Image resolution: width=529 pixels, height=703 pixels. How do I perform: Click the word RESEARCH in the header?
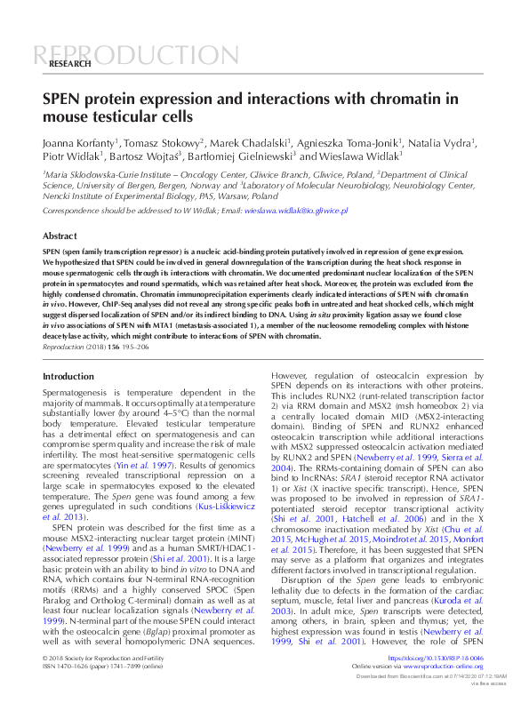point(70,65)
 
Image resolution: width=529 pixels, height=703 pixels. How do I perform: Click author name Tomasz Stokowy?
point(160,141)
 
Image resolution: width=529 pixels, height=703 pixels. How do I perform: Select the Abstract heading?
point(60,236)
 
